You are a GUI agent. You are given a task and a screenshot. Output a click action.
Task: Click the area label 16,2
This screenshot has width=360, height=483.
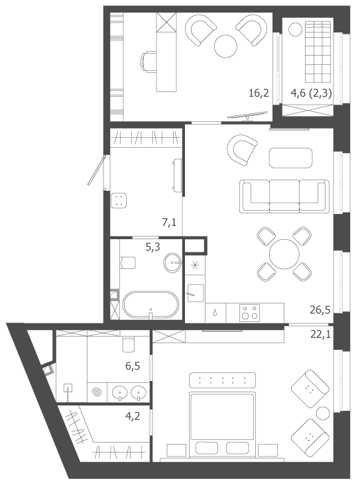(x=259, y=93)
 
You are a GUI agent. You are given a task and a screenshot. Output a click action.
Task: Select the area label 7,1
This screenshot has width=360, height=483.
(x=169, y=222)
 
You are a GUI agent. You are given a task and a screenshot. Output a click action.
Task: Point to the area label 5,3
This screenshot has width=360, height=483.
(x=153, y=246)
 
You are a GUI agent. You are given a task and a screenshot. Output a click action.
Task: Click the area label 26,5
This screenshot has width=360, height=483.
(x=320, y=309)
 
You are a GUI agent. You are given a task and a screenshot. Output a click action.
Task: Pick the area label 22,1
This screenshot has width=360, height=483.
(x=320, y=334)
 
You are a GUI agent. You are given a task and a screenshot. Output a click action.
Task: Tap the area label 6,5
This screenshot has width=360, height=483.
(x=133, y=366)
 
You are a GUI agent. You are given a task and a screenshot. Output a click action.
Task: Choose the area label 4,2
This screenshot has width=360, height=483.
(x=133, y=416)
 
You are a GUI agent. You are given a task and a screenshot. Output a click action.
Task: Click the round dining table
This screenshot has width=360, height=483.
(x=284, y=254)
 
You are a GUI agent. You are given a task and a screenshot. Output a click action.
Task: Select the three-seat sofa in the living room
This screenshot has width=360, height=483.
(x=284, y=197)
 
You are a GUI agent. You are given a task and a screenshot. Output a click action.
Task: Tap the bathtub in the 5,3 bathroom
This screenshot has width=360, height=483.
(x=150, y=305)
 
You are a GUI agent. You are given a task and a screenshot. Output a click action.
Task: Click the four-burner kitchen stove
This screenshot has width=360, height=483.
(x=249, y=313)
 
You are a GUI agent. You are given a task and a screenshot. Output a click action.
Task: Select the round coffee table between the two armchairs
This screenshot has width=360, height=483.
(x=226, y=46)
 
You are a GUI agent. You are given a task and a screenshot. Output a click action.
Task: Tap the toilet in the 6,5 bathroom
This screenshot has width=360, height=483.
(x=129, y=345)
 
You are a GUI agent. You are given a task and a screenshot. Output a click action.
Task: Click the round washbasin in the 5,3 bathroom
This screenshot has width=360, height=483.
(x=172, y=263)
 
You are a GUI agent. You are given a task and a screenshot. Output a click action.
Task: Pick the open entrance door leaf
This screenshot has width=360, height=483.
(x=97, y=170)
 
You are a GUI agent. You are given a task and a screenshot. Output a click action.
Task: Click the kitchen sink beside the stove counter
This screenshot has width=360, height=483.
(x=196, y=293)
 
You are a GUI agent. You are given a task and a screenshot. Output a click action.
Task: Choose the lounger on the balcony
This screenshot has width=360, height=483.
(x=318, y=52)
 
